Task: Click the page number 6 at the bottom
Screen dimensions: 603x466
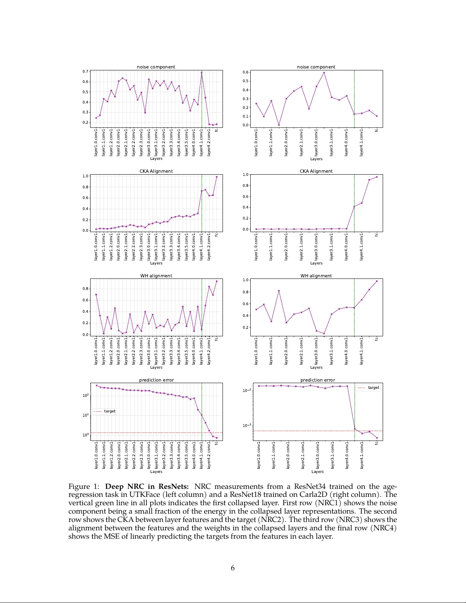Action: (232, 568)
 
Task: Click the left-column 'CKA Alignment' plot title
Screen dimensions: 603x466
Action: (156, 171)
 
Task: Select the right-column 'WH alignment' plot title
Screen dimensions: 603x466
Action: (316, 276)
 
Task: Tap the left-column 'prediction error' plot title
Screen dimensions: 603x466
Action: (156, 380)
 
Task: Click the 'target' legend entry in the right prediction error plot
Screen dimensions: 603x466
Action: (373, 388)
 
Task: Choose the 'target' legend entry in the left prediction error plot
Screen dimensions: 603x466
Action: (110, 411)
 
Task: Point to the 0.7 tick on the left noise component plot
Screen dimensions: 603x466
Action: (86, 72)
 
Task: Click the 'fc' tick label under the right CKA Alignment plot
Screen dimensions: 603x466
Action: (377, 235)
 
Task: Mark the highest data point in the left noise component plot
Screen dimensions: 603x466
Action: (202, 72)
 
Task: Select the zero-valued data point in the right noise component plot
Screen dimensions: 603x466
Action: (279, 125)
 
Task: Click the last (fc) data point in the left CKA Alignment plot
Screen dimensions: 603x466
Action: (217, 177)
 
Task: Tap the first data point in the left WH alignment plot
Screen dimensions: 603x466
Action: (96, 294)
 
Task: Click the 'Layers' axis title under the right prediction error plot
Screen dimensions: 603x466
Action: (317, 472)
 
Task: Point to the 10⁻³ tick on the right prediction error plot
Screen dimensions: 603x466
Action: (247, 425)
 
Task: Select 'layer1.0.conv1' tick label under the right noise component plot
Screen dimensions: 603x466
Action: (256, 143)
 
